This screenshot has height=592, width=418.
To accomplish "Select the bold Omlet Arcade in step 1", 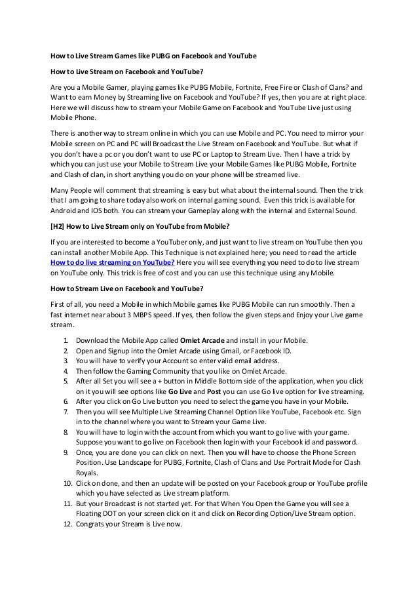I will [x=202, y=341].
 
